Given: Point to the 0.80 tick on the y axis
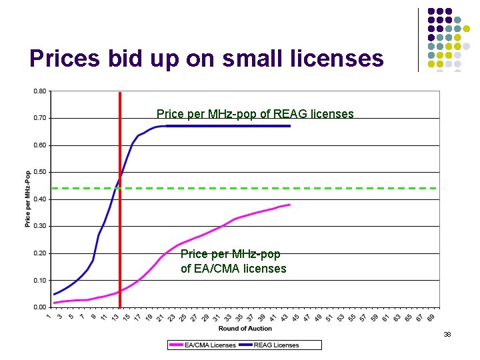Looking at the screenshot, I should tap(40, 91).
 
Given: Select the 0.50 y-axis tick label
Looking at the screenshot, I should tap(40, 172).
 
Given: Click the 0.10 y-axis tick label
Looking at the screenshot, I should tap(40, 280).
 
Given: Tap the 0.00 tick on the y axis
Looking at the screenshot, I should tap(40, 307).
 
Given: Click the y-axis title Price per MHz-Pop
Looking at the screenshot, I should tap(28, 199).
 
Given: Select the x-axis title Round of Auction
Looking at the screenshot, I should tap(245, 328).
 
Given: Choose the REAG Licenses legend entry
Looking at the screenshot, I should tap(275, 345).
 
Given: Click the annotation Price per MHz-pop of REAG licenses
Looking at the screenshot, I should tap(255, 114).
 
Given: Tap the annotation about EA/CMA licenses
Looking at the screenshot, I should tap(233, 261).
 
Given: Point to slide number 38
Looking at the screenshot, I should tap(447, 334).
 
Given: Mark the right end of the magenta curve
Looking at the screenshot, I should tap(290, 205).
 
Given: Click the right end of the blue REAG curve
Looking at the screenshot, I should tap(290, 126).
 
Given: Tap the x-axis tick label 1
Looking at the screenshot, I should tap(50, 316).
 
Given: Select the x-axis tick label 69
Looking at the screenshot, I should tap(431, 317).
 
